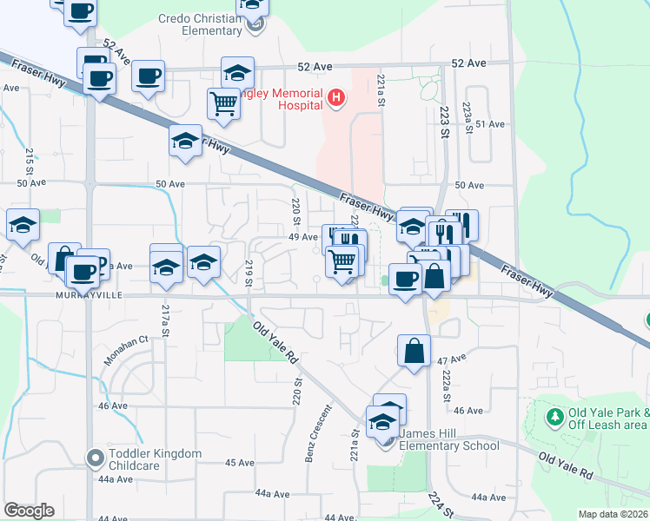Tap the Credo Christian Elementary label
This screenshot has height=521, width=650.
point(200,24)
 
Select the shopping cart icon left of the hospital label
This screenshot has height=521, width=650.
point(224,103)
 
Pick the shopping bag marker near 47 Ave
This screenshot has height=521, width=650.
point(415,351)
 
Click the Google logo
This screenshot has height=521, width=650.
point(29,511)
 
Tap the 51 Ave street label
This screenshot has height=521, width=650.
point(489,124)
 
